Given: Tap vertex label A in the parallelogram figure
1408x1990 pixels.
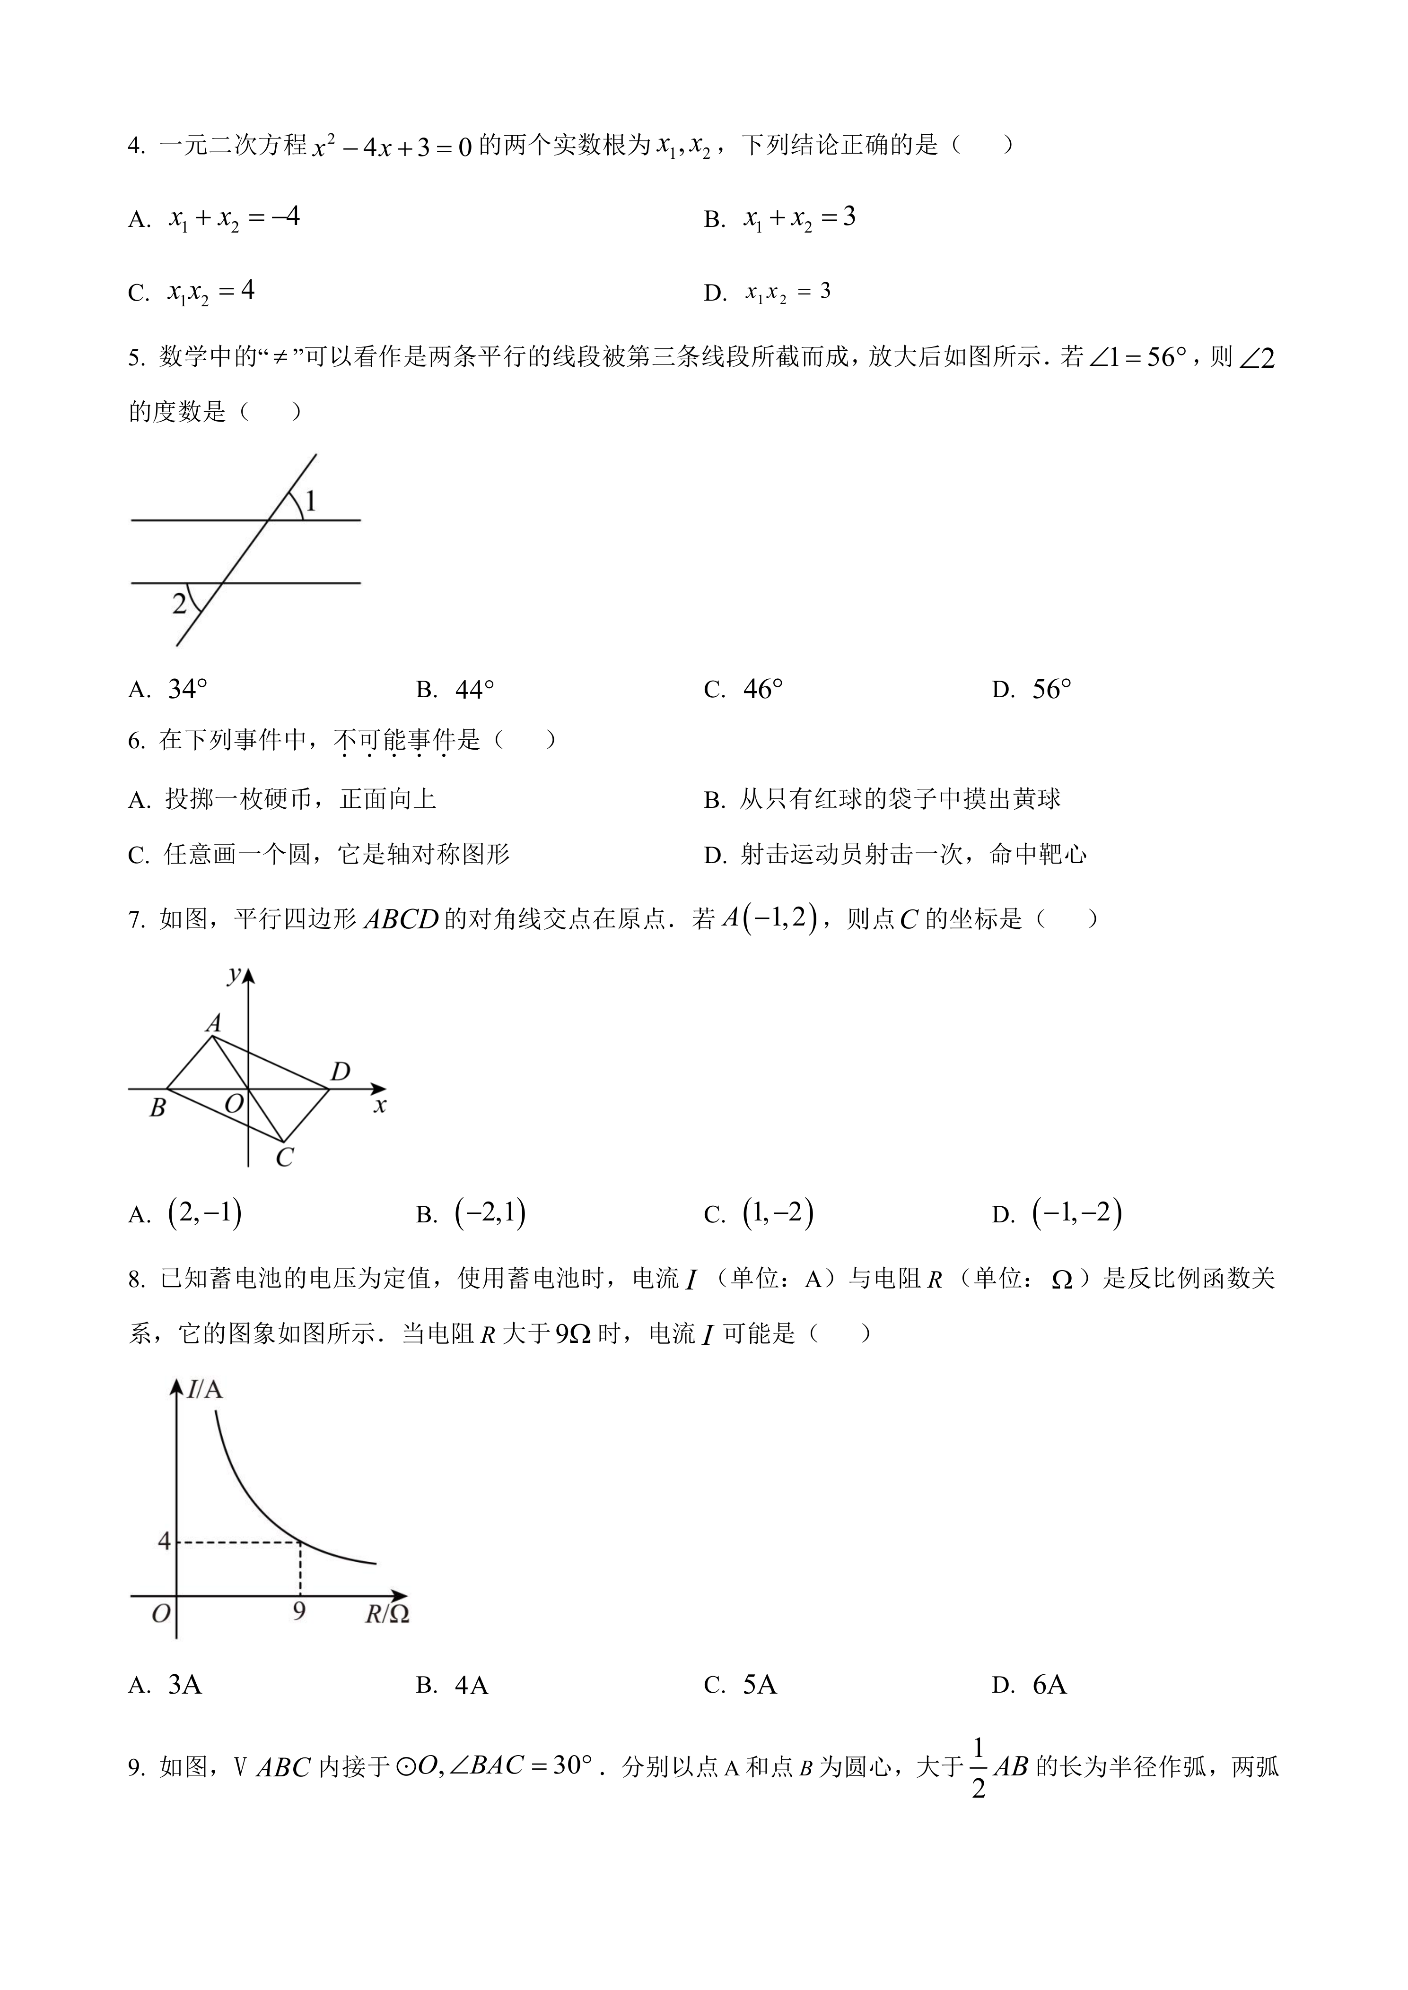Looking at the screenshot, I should tap(213, 1024).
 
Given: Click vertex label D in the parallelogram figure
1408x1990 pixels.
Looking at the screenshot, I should tap(341, 1072).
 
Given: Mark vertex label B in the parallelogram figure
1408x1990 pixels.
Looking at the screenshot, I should tap(158, 1107).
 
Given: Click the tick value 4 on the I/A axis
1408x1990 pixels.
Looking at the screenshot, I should tap(164, 1541).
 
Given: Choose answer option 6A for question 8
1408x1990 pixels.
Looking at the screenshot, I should tap(1049, 1685).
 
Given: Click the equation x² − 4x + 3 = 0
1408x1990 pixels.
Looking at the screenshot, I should tap(392, 147).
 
